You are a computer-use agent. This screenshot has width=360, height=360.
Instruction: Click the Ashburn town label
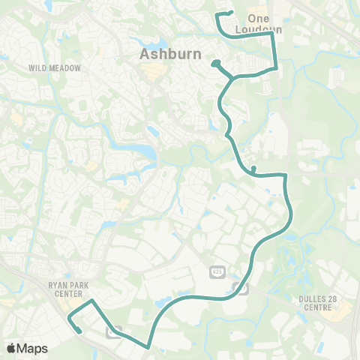tap(166, 54)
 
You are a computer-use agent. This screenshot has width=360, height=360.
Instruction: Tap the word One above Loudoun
tap(258, 19)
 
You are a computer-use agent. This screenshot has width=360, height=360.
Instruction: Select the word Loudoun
tap(262, 30)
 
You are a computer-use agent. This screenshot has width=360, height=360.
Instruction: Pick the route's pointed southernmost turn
tap(148, 347)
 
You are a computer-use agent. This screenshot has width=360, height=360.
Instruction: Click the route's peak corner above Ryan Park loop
tap(92, 301)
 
